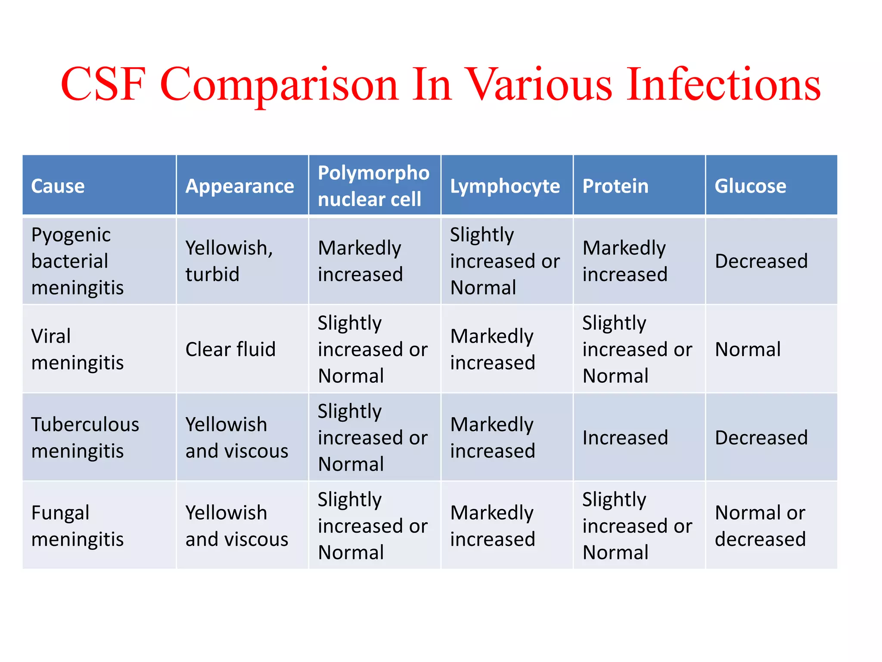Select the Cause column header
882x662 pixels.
(58, 186)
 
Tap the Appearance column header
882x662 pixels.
(239, 186)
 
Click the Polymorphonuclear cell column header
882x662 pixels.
(373, 186)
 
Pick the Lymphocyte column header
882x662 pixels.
(505, 186)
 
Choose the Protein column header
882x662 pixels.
(615, 186)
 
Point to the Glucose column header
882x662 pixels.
(750, 186)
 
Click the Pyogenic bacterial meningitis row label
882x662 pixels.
(78, 261)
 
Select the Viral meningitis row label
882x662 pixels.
(78, 349)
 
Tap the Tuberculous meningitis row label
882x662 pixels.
(85, 437)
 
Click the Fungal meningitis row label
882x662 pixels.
(78, 526)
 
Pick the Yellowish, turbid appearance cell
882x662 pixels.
(229, 261)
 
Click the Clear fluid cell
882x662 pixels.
(230, 349)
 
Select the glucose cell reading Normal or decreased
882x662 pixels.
(760, 526)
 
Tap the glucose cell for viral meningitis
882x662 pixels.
(748, 349)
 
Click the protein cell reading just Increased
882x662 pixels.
(625, 437)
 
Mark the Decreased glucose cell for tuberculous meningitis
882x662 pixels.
(761, 437)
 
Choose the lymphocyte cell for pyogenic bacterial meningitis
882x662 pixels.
(505, 261)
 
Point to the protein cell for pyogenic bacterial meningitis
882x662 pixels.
(624, 261)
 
